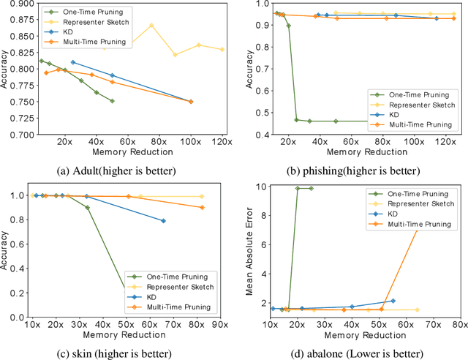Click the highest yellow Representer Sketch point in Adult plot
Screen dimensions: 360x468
151,26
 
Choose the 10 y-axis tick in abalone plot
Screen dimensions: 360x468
260,187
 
